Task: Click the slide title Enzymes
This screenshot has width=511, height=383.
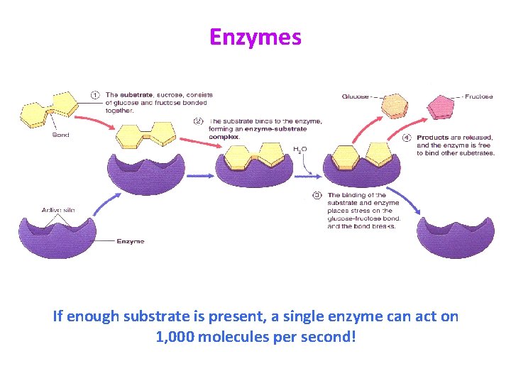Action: pyautogui.click(x=255, y=37)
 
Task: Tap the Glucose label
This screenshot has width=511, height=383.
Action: pyautogui.click(x=354, y=96)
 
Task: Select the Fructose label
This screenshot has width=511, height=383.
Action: pyautogui.click(x=480, y=96)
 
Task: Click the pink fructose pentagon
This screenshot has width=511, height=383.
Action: pyautogui.click(x=440, y=106)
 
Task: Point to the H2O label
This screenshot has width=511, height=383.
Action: pyautogui.click(x=300, y=150)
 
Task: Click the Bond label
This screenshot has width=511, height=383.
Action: pyautogui.click(x=60, y=135)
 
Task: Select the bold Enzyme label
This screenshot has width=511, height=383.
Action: pyautogui.click(x=131, y=241)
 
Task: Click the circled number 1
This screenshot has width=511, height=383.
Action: pyautogui.click(x=95, y=95)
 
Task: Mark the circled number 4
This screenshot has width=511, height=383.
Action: pyautogui.click(x=407, y=137)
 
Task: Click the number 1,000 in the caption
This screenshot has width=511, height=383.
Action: pyautogui.click(x=175, y=335)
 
